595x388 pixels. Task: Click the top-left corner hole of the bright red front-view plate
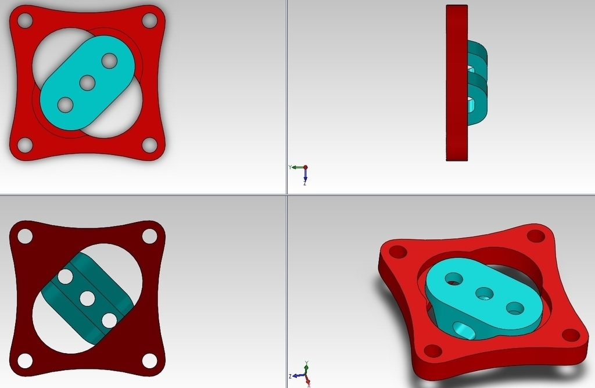pos(25,21)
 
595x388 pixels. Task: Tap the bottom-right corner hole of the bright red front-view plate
pos(149,145)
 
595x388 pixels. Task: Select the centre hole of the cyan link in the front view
pos(88,82)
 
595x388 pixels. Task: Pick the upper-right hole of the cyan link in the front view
pos(109,60)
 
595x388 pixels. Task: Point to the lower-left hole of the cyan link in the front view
pos(66,105)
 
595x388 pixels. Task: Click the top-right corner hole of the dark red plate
pos(149,236)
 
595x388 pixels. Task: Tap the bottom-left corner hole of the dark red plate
pos(25,360)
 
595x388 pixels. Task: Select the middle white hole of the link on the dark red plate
pos(88,299)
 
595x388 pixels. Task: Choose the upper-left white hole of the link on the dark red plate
pos(66,276)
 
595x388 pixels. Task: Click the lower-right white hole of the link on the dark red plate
pos(109,320)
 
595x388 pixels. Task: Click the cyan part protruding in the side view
pos(478,81)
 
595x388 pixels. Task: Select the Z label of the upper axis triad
pos(305,182)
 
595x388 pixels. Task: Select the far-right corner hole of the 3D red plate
pos(571,335)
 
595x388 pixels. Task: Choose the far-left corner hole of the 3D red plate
pos(397,252)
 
